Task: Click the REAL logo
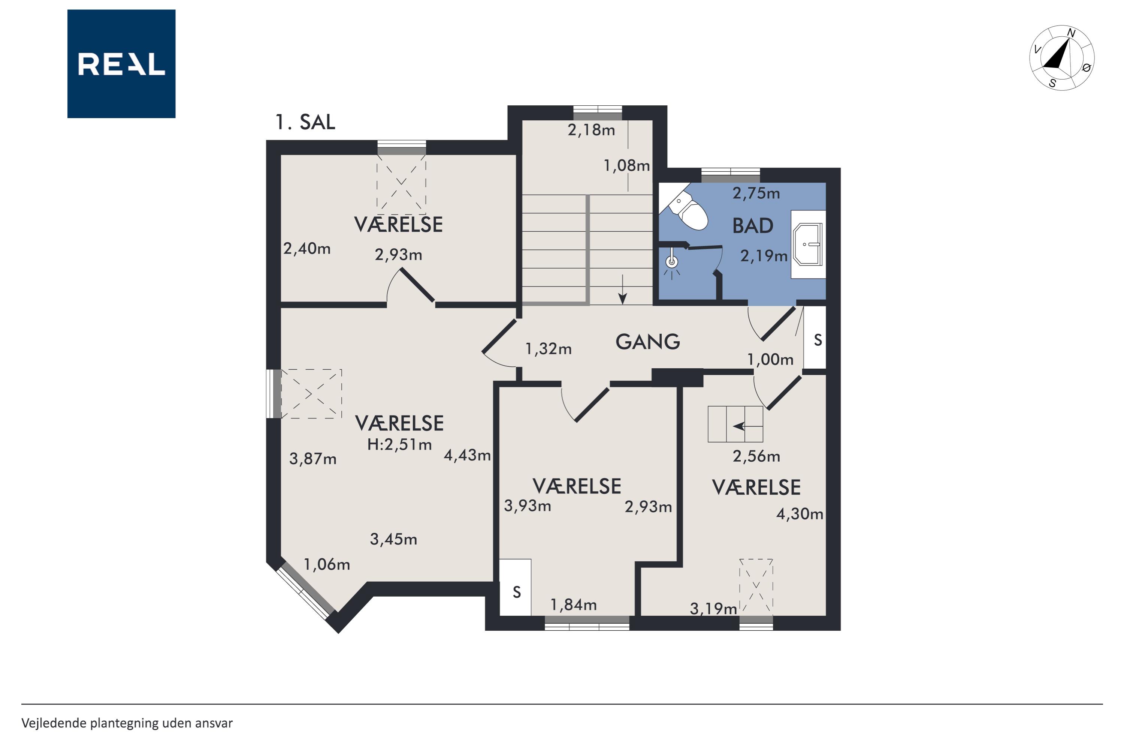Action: pos(121,64)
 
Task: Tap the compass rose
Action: pos(1061,58)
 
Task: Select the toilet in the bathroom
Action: pos(688,210)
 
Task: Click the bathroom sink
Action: pos(808,244)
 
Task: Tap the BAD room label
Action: pos(753,226)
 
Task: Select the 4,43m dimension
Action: pos(467,455)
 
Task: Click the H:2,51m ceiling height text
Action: pos(399,445)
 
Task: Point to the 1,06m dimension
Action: pos(327,565)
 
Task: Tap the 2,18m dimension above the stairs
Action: pos(591,130)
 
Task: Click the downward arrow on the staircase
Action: pos(623,289)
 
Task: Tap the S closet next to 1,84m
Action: pos(515,587)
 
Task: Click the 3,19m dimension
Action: pos(713,609)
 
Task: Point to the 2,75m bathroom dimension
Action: pos(756,193)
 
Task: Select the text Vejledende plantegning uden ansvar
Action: pos(127,723)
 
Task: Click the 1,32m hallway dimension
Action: pos(548,349)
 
